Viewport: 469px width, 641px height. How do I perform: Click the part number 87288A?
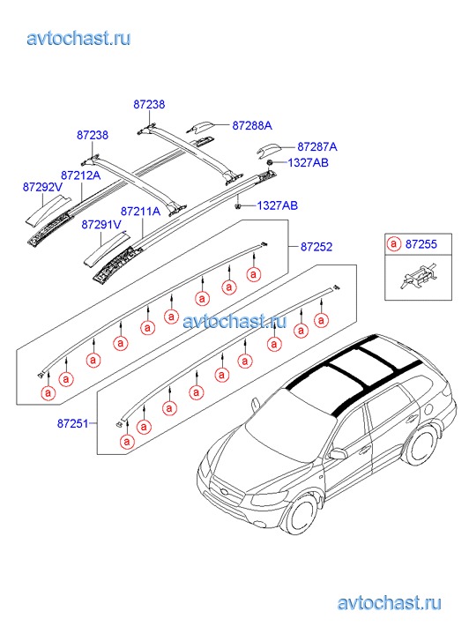(252, 125)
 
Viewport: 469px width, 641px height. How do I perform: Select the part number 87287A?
(317, 146)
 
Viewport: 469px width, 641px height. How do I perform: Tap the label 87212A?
(81, 175)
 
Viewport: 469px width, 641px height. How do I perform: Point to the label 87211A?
(141, 212)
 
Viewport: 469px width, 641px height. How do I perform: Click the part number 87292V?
(42, 187)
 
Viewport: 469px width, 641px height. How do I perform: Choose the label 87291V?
(101, 225)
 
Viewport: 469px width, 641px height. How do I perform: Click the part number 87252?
(316, 247)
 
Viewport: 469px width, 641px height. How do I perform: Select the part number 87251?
(73, 423)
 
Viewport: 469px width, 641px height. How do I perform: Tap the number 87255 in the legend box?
(421, 244)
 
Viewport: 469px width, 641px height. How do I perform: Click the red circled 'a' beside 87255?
(393, 244)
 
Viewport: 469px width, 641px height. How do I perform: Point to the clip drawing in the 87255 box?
(419, 277)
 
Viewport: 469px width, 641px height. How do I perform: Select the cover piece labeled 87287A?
(268, 150)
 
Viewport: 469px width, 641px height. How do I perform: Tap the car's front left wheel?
(301, 513)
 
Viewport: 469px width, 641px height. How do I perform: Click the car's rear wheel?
(421, 445)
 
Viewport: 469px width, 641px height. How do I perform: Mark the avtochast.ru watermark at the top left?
(79, 39)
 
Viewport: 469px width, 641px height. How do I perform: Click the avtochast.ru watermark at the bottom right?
(390, 602)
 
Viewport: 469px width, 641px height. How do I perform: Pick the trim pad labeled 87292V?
(48, 209)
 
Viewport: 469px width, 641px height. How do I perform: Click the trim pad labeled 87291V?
(106, 249)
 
